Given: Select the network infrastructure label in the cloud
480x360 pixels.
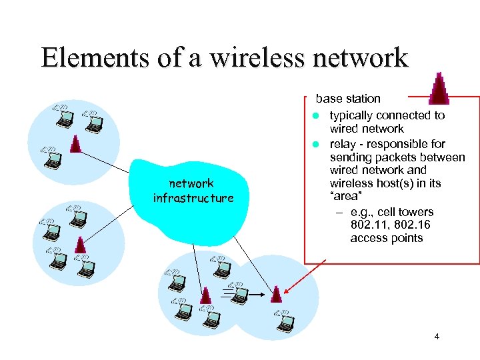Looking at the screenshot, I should point(192,191).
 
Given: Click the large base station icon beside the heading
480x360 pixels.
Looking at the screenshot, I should point(438,87).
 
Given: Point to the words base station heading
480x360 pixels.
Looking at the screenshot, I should point(348,99).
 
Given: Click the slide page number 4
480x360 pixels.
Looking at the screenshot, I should point(436,337).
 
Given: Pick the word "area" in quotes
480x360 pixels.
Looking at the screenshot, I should point(345,197).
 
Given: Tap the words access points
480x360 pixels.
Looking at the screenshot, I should point(386,238).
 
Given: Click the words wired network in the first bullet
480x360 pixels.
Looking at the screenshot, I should point(367,129).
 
